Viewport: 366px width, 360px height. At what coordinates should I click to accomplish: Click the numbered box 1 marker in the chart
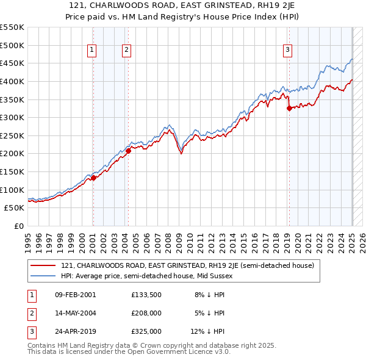91,50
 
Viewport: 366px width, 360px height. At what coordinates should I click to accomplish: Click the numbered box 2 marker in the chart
126,50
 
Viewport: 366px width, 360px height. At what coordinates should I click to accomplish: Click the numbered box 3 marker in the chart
287,50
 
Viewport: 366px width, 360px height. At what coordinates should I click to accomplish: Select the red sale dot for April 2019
289,109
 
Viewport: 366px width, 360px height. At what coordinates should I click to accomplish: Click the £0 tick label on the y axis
19,226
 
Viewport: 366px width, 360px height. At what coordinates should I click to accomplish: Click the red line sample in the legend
45,265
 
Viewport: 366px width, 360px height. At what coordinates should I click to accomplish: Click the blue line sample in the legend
45,276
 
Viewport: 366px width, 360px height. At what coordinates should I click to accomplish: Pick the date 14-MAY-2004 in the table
75,313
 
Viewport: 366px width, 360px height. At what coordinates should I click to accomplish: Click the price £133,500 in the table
146,295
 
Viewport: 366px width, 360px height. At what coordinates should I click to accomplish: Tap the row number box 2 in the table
30,313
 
